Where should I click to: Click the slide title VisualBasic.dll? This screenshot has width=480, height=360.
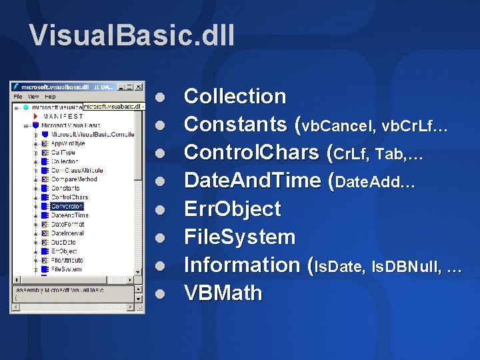[x=132, y=35]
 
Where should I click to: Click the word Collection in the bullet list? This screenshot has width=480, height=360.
[x=235, y=97]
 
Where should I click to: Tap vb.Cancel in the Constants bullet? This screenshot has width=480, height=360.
[x=338, y=125]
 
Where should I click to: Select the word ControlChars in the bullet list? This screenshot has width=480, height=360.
[x=254, y=153]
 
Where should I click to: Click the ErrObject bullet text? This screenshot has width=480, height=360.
[x=232, y=209]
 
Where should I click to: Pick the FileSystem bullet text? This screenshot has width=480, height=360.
[x=239, y=237]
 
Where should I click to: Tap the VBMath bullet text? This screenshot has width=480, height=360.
[x=223, y=293]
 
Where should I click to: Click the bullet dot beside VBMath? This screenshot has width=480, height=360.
[x=159, y=293]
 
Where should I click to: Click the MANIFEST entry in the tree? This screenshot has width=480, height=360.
[x=63, y=115]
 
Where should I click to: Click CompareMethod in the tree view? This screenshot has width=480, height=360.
[x=73, y=179]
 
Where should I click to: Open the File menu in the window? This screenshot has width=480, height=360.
[x=18, y=97]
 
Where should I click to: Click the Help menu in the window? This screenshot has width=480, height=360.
[x=50, y=97]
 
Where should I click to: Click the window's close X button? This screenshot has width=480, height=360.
[x=139, y=86]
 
